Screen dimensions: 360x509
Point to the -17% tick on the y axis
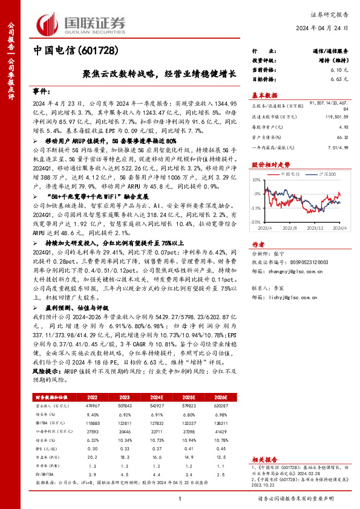[257, 207]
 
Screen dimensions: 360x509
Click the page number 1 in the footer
[180, 499]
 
